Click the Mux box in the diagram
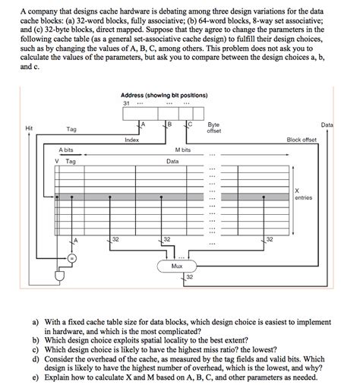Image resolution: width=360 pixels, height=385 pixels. [x=177, y=267]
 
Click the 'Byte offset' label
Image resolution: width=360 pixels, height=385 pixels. [x=213, y=127]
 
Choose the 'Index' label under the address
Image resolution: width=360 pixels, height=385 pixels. [x=131, y=140]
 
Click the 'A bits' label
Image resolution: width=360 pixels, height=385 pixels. [x=70, y=150]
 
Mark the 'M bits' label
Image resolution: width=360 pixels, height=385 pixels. [x=182, y=150]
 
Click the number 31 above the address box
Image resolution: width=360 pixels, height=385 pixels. [x=126, y=103]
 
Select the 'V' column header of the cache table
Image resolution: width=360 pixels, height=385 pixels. [x=57, y=161]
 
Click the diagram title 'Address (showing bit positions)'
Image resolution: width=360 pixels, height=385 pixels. [x=165, y=94]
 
